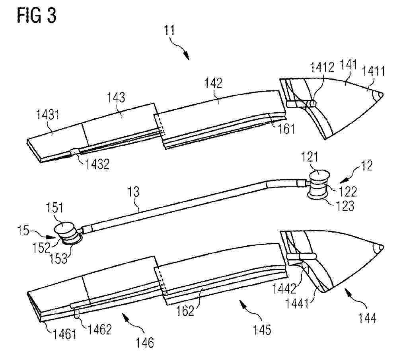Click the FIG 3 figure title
click(37, 16)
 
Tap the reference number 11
click(169, 30)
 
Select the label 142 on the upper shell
click(213, 83)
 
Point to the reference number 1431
click(48, 114)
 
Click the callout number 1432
click(97, 164)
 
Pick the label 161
click(286, 129)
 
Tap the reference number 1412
click(322, 67)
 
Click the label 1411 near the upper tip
click(373, 71)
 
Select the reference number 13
click(134, 192)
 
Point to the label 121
click(310, 157)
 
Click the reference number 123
click(345, 206)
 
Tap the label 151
click(54, 207)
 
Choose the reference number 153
click(58, 258)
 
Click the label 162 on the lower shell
click(185, 311)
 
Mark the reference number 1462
click(100, 329)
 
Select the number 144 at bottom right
click(367, 318)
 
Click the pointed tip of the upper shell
click(382, 95)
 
